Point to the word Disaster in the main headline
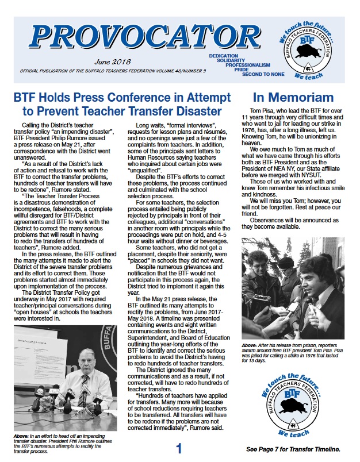pos(179,110)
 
